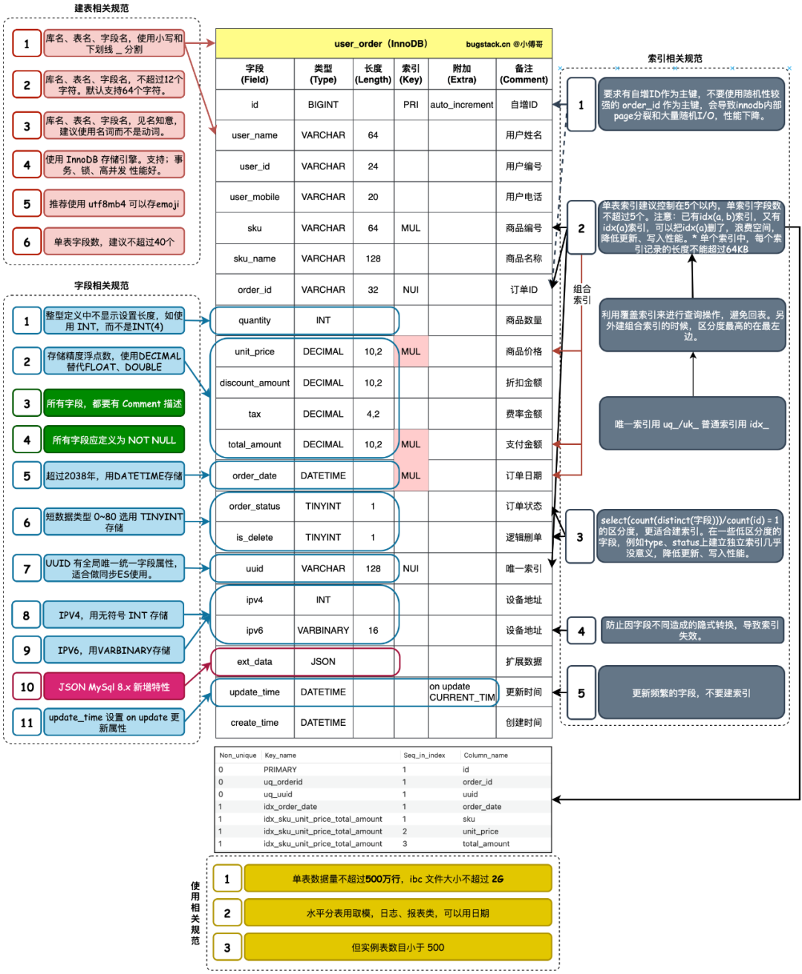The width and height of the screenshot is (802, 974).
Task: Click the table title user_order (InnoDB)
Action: tap(380, 44)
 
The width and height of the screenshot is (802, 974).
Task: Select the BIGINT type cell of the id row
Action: tap(323, 105)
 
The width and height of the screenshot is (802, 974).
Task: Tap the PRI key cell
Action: tap(411, 105)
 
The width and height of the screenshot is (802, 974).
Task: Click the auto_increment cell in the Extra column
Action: tap(462, 105)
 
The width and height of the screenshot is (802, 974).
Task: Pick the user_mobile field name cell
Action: tap(255, 197)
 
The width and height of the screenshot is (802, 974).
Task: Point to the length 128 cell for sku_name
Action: tap(373, 259)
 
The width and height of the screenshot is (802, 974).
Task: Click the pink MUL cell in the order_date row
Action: tap(411, 475)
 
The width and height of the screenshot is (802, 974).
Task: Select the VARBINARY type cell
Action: tap(323, 630)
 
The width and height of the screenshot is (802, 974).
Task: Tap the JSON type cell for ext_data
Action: tap(323, 661)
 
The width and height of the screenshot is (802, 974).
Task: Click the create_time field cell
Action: tap(255, 723)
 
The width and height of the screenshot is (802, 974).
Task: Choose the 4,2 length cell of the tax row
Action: tap(373, 414)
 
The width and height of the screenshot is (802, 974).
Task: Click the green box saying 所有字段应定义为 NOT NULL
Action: tap(114, 439)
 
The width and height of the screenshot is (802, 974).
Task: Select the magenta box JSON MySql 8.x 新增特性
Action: tap(114, 686)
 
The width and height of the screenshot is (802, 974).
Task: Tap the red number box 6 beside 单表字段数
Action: tap(27, 241)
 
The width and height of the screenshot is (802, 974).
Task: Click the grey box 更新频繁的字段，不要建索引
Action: tap(691, 692)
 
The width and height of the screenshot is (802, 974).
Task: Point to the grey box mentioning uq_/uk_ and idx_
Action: tap(692, 423)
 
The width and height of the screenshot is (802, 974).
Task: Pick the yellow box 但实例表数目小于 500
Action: tap(398, 947)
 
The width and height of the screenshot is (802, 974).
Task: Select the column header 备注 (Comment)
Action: tap(524, 74)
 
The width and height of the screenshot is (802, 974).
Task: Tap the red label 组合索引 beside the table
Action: tap(581, 294)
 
